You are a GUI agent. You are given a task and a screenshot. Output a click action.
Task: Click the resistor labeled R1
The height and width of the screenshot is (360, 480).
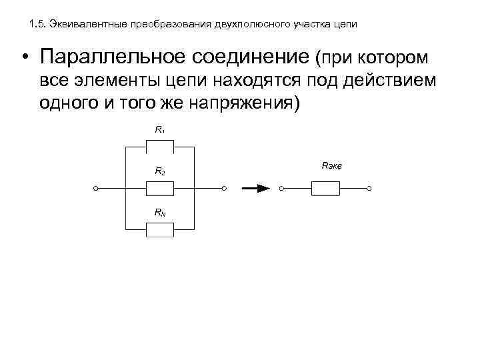(160, 147)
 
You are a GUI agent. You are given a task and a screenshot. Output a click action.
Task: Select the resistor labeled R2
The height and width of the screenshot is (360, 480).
(160, 189)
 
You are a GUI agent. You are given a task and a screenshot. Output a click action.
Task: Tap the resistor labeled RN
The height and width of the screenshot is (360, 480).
(160, 231)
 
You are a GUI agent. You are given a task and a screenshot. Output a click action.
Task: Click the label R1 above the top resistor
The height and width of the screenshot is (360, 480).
(160, 129)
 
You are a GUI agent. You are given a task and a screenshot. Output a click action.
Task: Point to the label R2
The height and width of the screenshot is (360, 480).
(160, 171)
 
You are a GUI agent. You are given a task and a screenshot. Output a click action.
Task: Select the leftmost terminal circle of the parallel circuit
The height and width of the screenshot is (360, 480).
(97, 189)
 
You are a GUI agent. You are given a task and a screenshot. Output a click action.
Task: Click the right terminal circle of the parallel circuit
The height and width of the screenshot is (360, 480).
(225, 189)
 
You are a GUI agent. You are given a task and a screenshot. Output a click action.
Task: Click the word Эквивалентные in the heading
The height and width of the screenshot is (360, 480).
(88, 24)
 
